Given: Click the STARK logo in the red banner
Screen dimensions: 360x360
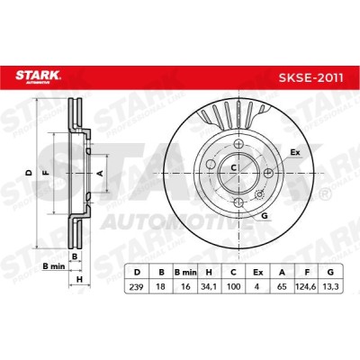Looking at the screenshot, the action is click(x=38, y=76).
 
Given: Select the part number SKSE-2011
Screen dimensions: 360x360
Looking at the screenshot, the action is click(x=310, y=77).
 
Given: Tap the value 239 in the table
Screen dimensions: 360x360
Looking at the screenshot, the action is click(x=136, y=287).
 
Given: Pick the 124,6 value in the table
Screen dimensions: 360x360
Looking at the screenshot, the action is click(x=306, y=287).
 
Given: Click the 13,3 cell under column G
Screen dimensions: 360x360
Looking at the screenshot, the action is click(x=331, y=287).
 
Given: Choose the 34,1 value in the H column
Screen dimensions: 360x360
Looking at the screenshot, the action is click(x=209, y=287).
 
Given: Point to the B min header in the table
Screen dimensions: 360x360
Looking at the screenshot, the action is click(x=185, y=273).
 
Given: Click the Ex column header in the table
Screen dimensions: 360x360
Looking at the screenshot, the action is click(x=257, y=273).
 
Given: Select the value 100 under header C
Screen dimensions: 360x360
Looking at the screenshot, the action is click(x=233, y=287).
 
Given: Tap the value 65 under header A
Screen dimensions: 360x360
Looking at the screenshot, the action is click(x=282, y=287).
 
